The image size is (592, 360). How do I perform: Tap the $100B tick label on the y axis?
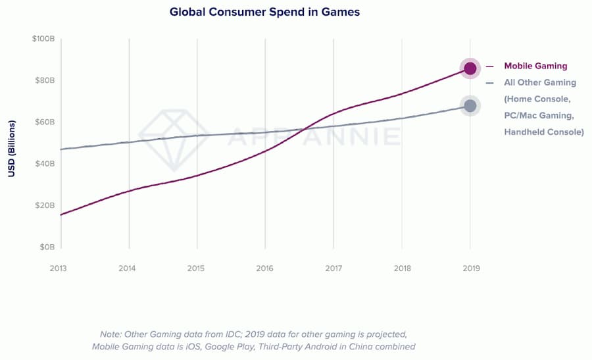pyautogui.click(x=43, y=39)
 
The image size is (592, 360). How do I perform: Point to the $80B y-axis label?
pyautogui.click(x=44, y=80)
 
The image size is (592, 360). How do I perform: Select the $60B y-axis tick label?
pyautogui.click(x=44, y=122)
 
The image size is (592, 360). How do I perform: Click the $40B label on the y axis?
pyautogui.click(x=44, y=163)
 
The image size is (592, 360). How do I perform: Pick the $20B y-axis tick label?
pyautogui.click(x=44, y=205)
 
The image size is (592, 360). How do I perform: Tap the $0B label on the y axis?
pyautogui.click(x=46, y=247)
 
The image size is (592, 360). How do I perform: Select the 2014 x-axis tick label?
pyautogui.click(x=128, y=269)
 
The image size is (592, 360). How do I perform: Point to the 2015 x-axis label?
pyautogui.click(x=196, y=269)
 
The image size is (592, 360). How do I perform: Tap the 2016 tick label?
pyautogui.click(x=264, y=269)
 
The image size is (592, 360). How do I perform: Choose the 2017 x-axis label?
pyautogui.click(x=333, y=269)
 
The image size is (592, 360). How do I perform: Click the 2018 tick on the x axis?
pyautogui.click(x=402, y=269)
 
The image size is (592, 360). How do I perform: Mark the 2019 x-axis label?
pyautogui.click(x=470, y=269)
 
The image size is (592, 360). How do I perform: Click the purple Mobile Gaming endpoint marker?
pyautogui.click(x=470, y=68)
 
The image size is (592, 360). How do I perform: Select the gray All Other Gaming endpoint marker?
pyautogui.click(x=470, y=105)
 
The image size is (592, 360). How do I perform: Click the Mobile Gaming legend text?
pyautogui.click(x=535, y=66)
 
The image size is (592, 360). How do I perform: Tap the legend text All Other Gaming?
pyautogui.click(x=540, y=83)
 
